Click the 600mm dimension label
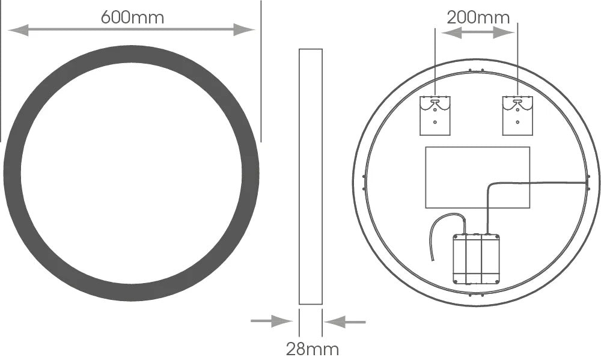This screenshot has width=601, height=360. coord(132,17)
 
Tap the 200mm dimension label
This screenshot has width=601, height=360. coord(478,17)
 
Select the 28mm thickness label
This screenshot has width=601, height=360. coord(313,349)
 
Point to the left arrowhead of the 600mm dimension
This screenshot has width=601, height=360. coord(18,30)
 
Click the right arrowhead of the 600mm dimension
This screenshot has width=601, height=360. coord(244,30)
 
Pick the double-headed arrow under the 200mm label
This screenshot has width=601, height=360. coord(478,33)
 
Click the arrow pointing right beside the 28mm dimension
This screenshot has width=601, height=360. coord(272,321)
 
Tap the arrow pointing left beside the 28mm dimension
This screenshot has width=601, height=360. coord(345,322)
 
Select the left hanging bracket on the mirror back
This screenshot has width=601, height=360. coord(435,116)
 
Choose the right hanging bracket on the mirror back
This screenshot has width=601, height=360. coord(517,116)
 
